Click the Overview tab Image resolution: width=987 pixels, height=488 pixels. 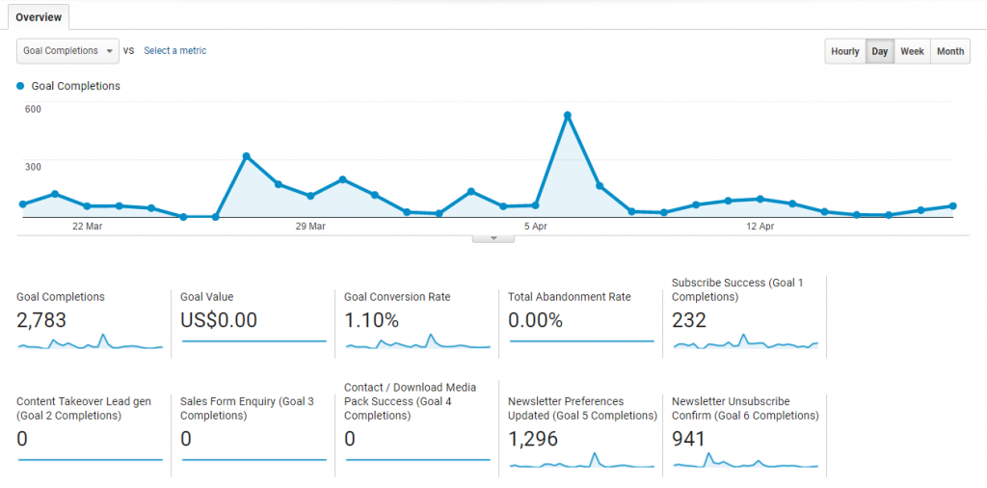(x=39, y=17)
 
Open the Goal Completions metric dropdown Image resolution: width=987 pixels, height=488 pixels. (x=67, y=51)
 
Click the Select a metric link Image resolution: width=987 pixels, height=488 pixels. (x=174, y=51)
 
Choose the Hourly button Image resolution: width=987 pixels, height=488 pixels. (x=845, y=52)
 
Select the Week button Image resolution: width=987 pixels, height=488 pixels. (x=912, y=52)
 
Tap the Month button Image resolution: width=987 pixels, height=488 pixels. (x=949, y=52)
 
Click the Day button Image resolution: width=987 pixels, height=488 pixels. (x=879, y=52)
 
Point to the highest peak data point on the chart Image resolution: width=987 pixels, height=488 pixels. (x=568, y=116)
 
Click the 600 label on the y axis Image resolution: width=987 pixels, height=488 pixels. (x=33, y=109)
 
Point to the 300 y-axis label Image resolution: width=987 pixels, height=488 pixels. (x=33, y=167)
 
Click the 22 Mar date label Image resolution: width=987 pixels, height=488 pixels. (x=87, y=227)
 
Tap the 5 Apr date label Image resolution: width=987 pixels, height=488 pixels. (x=536, y=227)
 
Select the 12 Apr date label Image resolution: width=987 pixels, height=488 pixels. (x=760, y=227)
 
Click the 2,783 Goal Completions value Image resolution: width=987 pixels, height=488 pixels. (x=41, y=320)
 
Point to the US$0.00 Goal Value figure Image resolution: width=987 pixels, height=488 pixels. (x=219, y=320)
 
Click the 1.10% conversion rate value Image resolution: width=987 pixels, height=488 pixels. (x=371, y=320)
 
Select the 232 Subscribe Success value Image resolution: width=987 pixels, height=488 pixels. (x=689, y=320)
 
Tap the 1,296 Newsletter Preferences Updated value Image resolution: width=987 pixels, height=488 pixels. (x=533, y=440)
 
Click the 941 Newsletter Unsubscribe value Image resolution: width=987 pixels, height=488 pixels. (x=689, y=440)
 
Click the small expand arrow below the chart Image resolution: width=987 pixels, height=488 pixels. (x=493, y=237)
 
